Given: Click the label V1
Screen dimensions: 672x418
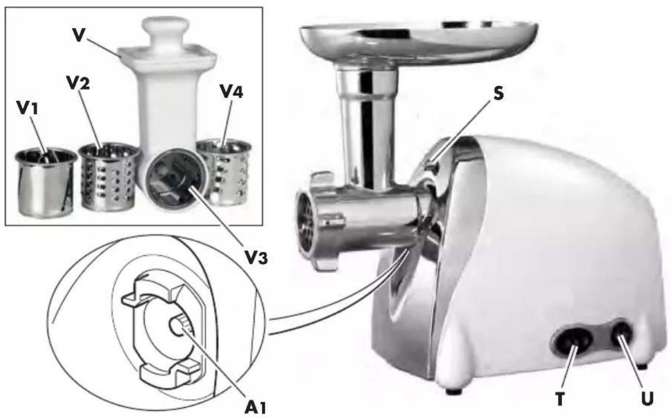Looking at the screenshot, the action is (x=27, y=108).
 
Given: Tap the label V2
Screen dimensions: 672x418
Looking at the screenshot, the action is (x=78, y=82).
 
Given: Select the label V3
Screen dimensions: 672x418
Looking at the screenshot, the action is (x=257, y=256).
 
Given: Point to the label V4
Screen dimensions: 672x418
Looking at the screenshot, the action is (x=231, y=90).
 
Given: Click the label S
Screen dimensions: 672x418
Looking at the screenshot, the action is (x=498, y=93).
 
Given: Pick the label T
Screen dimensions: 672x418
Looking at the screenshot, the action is (x=560, y=399).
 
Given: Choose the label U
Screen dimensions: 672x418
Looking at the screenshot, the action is (x=647, y=399).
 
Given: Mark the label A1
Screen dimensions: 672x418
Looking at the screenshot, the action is (x=254, y=406).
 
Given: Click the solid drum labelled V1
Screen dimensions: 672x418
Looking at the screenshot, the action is (x=46, y=182).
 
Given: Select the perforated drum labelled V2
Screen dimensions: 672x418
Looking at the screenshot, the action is (x=109, y=177).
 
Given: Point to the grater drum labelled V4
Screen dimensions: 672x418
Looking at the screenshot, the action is (x=224, y=169).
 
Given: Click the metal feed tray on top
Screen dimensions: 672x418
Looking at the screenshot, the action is (x=418, y=41).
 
